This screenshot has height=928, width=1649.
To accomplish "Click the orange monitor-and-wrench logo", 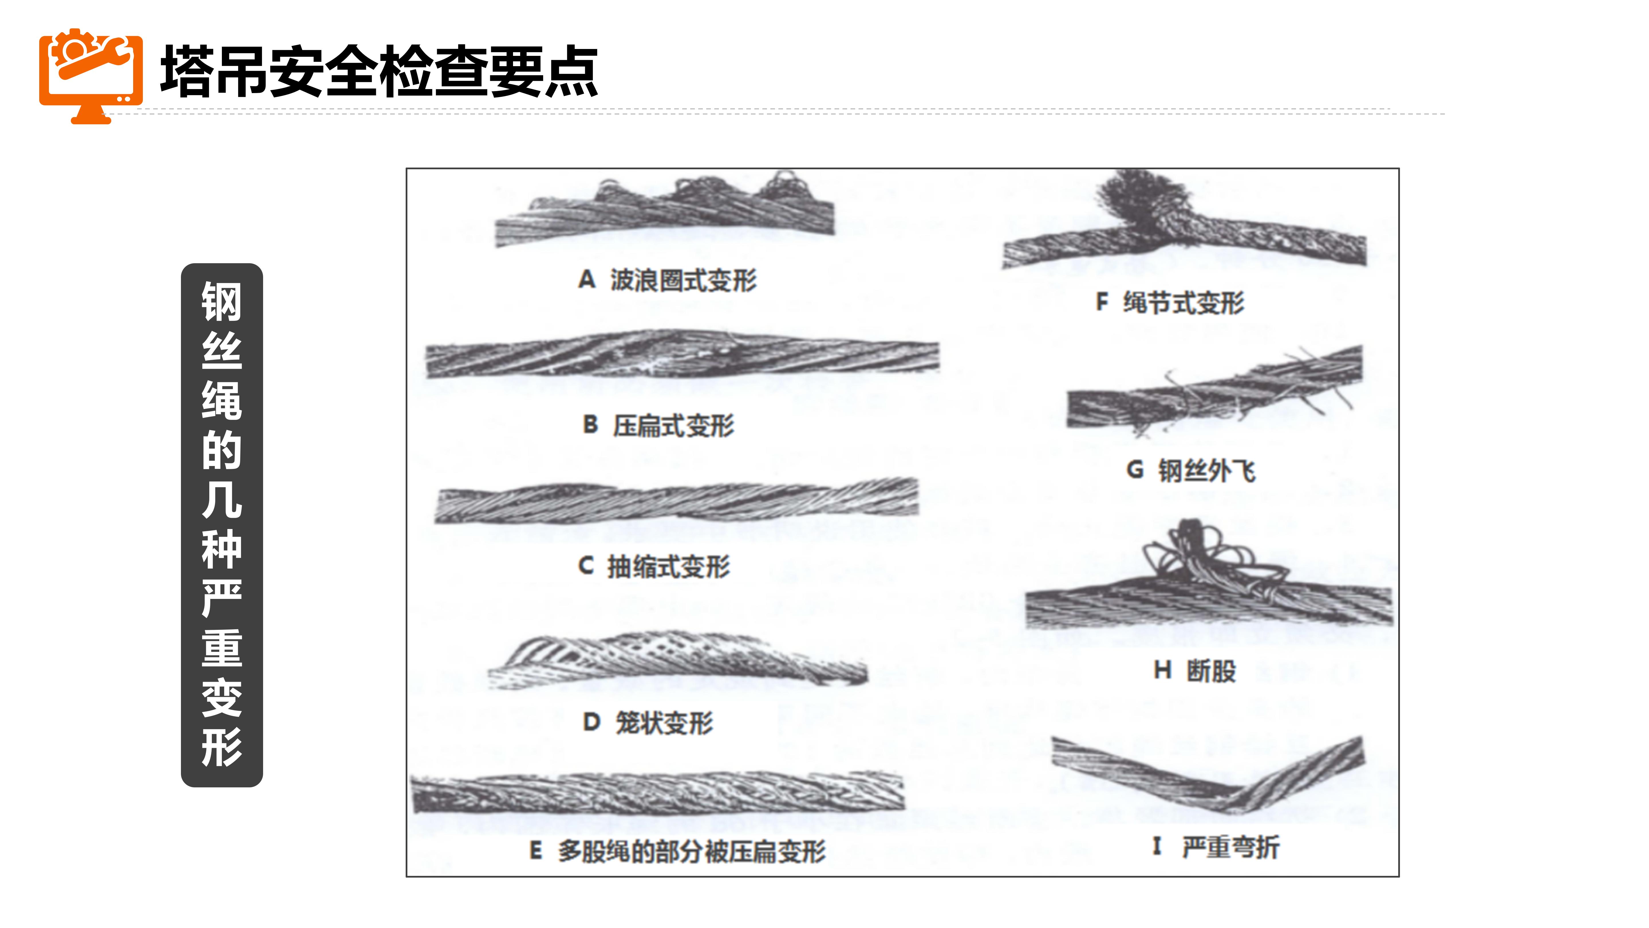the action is pyautogui.click(x=91, y=76).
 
